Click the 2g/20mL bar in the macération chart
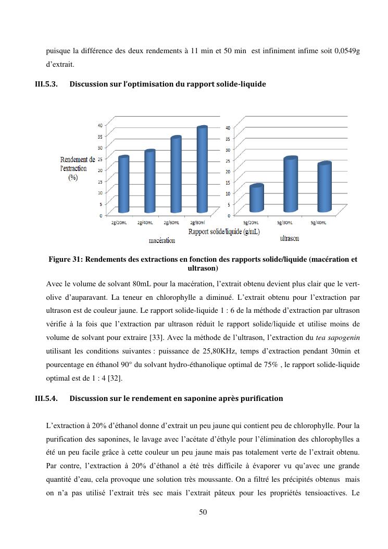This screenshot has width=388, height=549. (123, 185)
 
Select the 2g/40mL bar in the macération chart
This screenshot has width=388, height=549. (150, 181)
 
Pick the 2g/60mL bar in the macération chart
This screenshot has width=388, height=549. (176, 175)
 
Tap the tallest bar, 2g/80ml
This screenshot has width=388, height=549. (202, 169)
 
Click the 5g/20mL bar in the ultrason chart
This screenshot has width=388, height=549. (256, 199)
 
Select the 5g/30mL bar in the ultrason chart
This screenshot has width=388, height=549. (291, 185)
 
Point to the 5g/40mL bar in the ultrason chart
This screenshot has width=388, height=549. (324, 188)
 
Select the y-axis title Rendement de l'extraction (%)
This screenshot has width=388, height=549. (78, 168)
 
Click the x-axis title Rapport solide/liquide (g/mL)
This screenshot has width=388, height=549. (224, 231)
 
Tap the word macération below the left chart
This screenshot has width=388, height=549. (161, 240)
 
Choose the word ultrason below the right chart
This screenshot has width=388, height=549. (289, 238)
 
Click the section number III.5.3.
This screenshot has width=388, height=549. (46, 84)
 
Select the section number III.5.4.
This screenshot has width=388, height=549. (46, 398)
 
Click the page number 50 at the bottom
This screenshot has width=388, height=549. (203, 512)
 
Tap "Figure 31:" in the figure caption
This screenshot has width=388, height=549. (66, 259)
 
